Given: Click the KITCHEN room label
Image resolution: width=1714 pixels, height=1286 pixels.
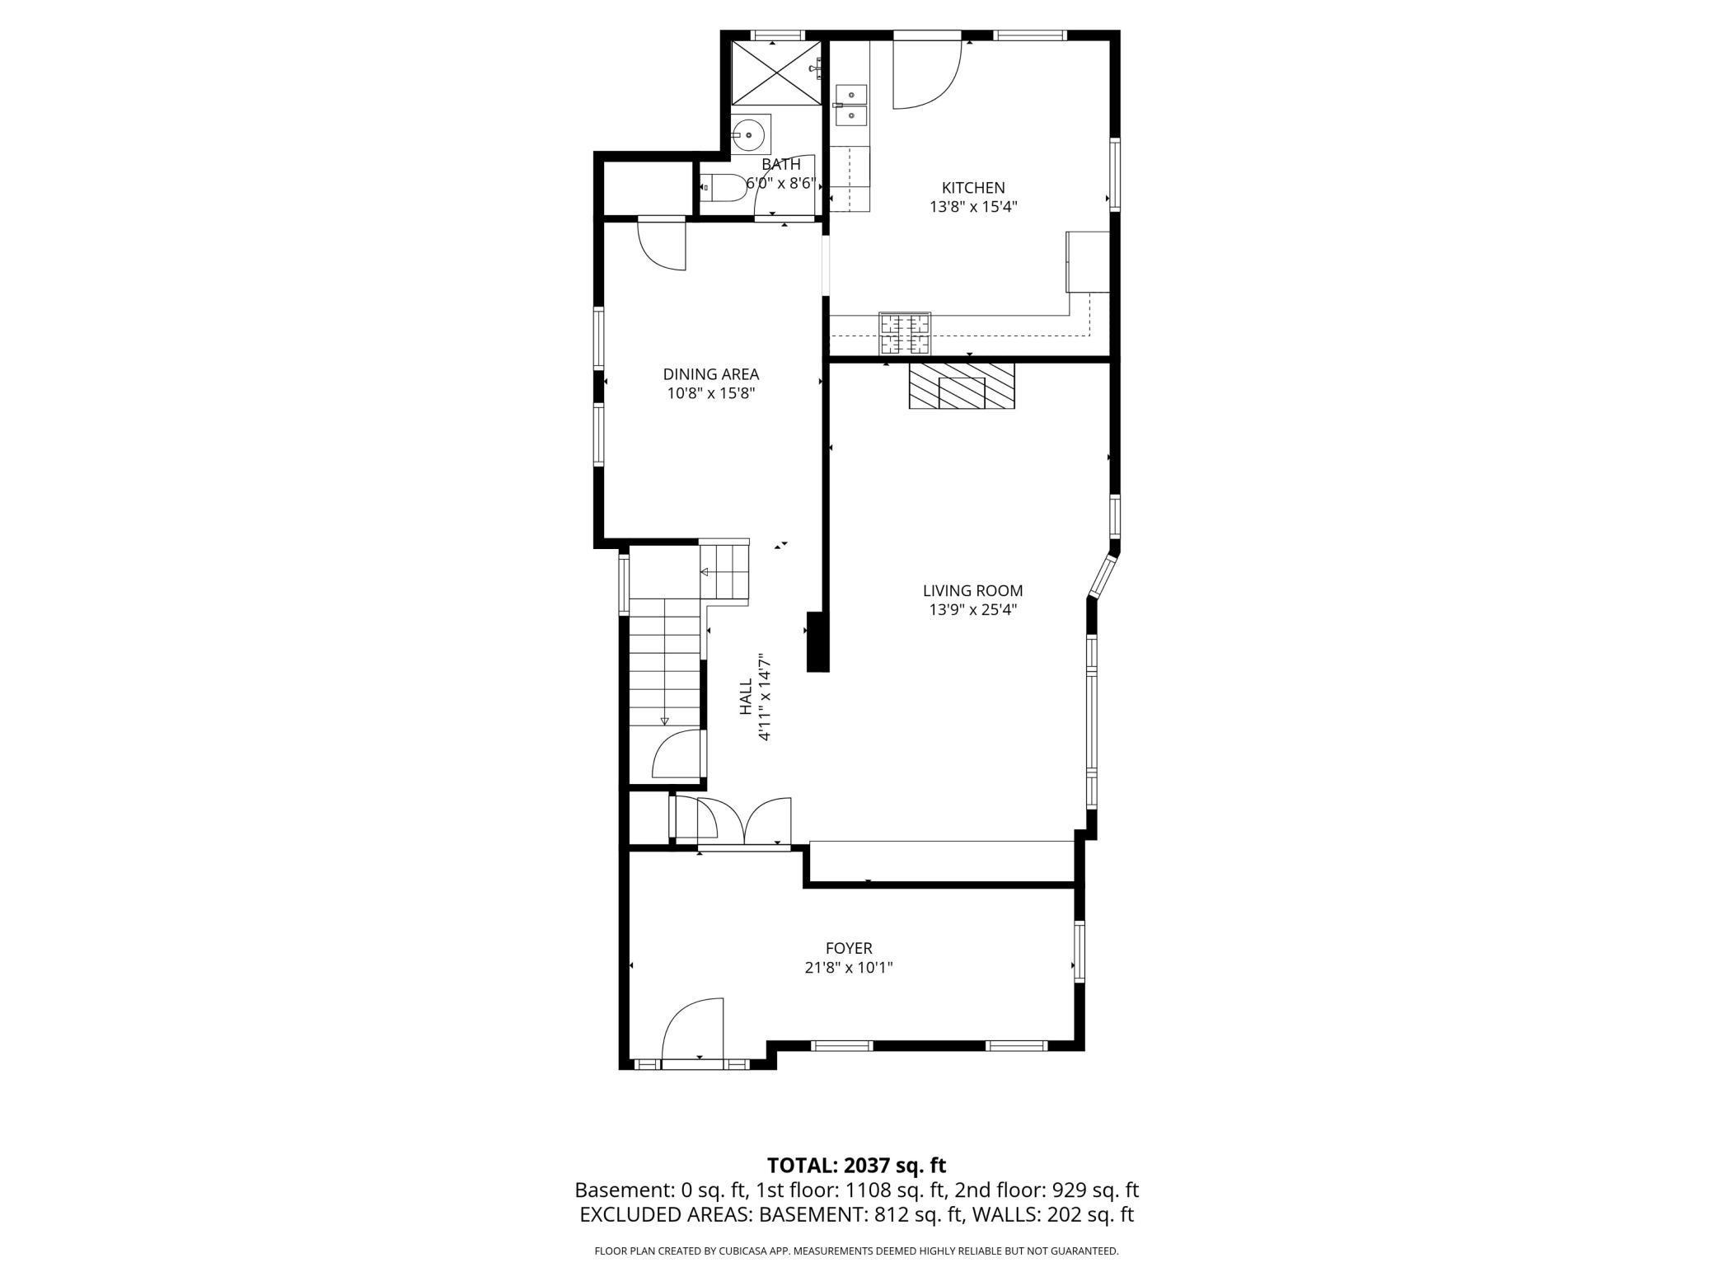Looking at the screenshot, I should tap(973, 188).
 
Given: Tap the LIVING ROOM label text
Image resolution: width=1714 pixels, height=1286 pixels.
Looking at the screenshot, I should tap(972, 591).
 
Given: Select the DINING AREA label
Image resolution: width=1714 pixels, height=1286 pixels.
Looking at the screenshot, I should tap(710, 374).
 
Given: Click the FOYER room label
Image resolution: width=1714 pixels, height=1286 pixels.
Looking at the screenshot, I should tap(849, 949).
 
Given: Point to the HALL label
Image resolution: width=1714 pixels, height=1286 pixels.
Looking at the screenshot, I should tap(746, 697).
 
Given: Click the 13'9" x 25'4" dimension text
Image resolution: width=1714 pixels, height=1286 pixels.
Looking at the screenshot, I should tap(972, 611).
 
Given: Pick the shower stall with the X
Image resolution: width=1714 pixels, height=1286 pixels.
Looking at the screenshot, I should tap(776, 73).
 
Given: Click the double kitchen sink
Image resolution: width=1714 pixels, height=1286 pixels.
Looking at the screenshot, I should tap(851, 105).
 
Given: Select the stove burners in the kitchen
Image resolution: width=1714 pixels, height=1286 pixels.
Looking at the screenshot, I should tap(905, 333).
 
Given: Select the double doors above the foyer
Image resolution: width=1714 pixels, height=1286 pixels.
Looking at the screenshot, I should tap(744, 820).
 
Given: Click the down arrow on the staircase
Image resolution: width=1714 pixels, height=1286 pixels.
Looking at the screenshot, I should tap(664, 720).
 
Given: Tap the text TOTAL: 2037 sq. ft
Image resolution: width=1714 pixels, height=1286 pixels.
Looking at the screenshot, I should tap(856, 1166).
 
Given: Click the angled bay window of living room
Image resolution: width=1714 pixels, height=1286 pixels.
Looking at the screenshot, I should tap(1103, 575).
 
